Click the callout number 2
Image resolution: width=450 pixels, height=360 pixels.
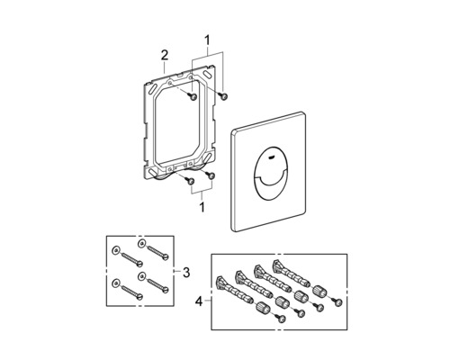point(165,55)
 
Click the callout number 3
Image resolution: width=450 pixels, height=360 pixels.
point(186,273)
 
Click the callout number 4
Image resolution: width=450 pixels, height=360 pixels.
point(199,301)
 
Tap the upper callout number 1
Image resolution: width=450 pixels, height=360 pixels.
point(207,40)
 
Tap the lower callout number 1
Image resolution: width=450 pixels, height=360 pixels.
point(202,207)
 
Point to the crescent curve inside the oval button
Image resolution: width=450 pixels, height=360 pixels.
point(270,178)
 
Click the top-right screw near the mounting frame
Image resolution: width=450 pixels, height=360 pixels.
point(224,95)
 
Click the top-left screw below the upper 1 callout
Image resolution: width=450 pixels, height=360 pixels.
point(193,96)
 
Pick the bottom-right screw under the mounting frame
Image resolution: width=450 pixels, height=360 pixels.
point(210,175)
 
